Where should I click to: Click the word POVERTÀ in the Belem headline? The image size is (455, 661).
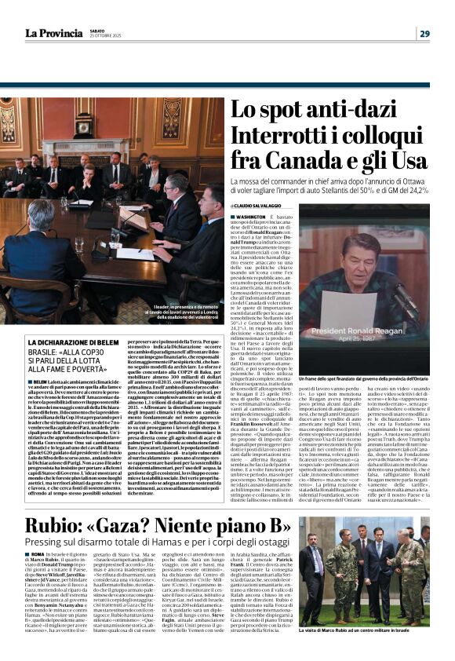tap(88, 367)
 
